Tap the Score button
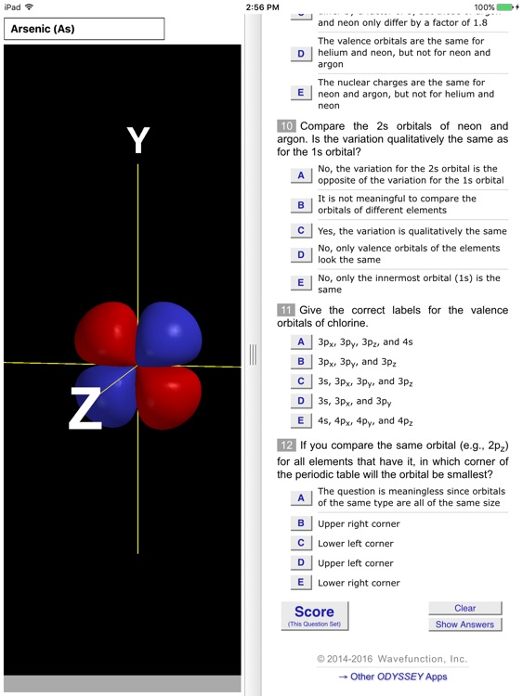pyautogui.click(x=314, y=615)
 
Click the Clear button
pyautogui.click(x=465, y=608)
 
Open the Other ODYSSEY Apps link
pyautogui.click(x=392, y=677)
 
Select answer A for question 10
pyautogui.click(x=300, y=174)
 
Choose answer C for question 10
pyautogui.click(x=300, y=231)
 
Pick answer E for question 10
pyautogui.click(x=300, y=283)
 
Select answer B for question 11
pyautogui.click(x=300, y=362)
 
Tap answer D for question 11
pyautogui.click(x=300, y=401)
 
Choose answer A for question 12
pyautogui.click(x=300, y=497)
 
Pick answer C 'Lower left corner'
pyautogui.click(x=300, y=543)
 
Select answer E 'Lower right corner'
pyautogui.click(x=300, y=583)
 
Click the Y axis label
pyautogui.click(x=137, y=140)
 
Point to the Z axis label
pyautogui.click(x=85, y=409)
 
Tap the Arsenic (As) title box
pyautogui.click(x=84, y=29)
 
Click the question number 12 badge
pyautogui.click(x=286, y=445)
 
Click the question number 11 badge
pyautogui.click(x=286, y=310)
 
